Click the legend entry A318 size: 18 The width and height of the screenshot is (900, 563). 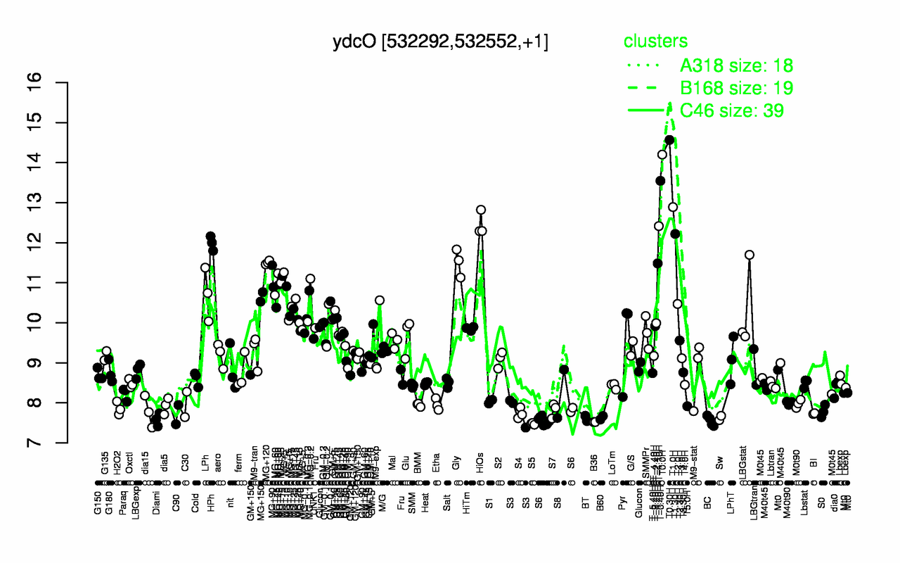pos(736,66)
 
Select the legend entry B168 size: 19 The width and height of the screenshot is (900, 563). pos(736,88)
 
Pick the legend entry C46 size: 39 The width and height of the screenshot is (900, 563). pos(731,110)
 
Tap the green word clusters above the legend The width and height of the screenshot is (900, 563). pos(655,42)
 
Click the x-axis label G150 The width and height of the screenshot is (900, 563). pos(98,504)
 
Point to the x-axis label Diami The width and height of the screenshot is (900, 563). pos(156,505)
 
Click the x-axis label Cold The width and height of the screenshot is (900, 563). pos(197,504)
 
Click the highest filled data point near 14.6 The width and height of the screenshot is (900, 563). pos(669,140)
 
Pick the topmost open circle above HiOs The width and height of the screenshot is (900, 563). pos(481,210)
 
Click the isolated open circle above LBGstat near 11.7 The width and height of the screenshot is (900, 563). pos(750,255)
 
